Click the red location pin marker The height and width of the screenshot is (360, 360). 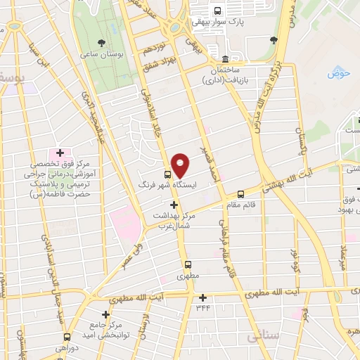pyautogui.click(x=181, y=165)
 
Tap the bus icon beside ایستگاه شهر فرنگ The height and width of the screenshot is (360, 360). pyautogui.click(x=167, y=174)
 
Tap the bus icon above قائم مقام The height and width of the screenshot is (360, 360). pyautogui.click(x=241, y=193)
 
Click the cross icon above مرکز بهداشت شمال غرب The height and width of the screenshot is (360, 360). pyautogui.click(x=174, y=205)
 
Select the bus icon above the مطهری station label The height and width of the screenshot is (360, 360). pyautogui.click(x=188, y=264)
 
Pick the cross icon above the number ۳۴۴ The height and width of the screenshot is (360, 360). pyautogui.click(x=203, y=297)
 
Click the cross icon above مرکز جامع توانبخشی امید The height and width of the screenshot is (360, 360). pyautogui.click(x=105, y=314)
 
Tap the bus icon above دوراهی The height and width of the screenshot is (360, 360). pyautogui.click(x=67, y=337)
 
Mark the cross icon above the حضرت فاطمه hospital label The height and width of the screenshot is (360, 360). pyautogui.click(x=60, y=153)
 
